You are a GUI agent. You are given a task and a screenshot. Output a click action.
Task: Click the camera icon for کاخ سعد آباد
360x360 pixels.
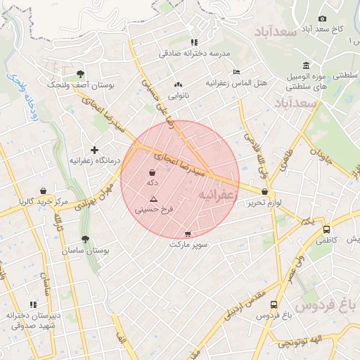click(322, 18)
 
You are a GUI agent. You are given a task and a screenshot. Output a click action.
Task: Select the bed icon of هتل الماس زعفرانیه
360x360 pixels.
click(236, 72)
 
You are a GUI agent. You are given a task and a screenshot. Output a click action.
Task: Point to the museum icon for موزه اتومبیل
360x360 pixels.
click(307, 64)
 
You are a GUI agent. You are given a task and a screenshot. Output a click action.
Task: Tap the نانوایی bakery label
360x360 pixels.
click(178, 94)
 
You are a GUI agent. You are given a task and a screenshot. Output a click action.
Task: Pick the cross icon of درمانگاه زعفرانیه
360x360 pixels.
click(95, 150)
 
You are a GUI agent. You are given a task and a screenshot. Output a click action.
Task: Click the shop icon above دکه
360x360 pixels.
click(153, 172)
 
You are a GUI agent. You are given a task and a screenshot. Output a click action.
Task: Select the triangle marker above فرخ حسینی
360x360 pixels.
click(153, 200)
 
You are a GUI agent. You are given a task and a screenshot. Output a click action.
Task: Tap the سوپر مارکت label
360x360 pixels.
click(186, 245)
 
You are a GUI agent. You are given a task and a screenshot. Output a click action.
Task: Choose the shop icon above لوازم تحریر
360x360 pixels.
click(264, 191)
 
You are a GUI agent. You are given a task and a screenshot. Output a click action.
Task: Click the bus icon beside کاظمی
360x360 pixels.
click(326, 229)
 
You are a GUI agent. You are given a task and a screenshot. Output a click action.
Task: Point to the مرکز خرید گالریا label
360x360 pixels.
click(44, 202)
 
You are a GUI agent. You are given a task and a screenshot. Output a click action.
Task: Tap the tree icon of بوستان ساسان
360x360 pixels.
click(85, 240)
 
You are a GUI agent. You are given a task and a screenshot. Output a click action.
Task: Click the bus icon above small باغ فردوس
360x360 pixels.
click(274, 304)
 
